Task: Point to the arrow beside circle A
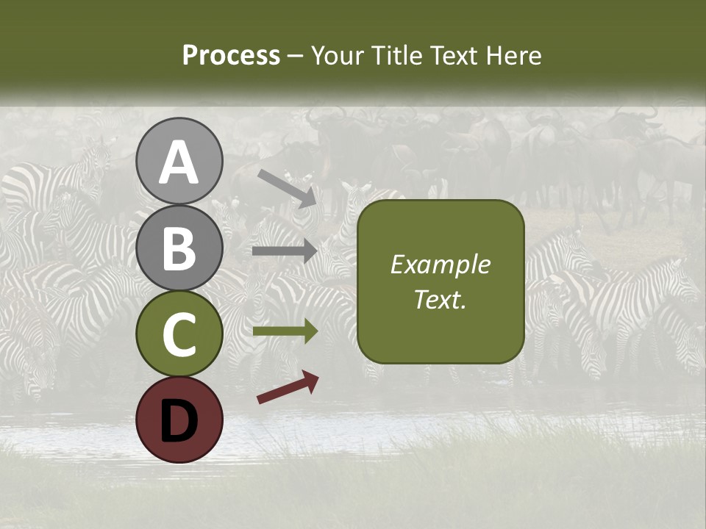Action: click(287, 188)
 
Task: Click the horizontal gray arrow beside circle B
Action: click(285, 251)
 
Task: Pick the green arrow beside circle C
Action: click(285, 331)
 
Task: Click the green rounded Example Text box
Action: click(441, 281)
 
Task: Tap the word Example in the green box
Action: click(440, 264)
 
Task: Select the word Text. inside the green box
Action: click(440, 300)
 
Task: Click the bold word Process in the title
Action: click(231, 56)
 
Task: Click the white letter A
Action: click(179, 163)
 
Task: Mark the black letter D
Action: click(179, 422)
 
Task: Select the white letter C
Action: click(179, 336)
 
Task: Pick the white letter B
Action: click(179, 249)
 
